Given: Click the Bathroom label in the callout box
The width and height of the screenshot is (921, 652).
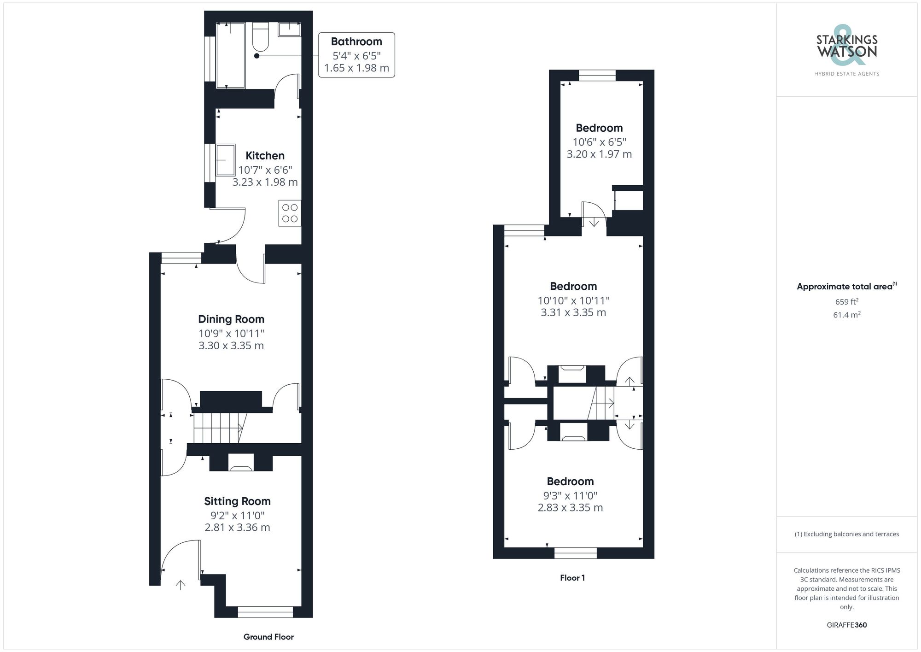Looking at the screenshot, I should [x=356, y=41].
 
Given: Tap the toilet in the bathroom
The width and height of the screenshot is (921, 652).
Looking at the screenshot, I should [x=260, y=37].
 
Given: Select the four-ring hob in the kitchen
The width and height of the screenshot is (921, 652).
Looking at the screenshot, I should [x=290, y=213].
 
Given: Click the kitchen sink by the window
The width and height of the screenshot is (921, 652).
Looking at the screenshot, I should [x=226, y=160].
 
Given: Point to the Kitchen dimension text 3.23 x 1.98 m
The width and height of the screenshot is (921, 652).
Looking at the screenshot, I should [x=265, y=182].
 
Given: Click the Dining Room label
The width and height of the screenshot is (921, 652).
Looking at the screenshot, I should [x=231, y=319].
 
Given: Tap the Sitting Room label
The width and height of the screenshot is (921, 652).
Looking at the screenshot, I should [x=237, y=501].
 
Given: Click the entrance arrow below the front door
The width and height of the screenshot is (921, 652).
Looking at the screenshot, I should [x=181, y=585].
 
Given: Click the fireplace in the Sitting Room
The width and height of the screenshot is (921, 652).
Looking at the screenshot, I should [x=241, y=463].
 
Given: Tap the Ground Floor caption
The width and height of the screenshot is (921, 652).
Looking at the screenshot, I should [x=268, y=637].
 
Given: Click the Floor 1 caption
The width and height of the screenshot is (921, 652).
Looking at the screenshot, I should [x=572, y=578].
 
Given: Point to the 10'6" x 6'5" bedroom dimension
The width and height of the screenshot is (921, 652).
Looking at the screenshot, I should [x=599, y=142].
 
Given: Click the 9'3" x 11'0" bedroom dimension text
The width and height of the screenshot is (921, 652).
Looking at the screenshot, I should [x=570, y=496].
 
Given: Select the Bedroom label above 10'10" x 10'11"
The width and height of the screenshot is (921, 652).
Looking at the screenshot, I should [x=573, y=286].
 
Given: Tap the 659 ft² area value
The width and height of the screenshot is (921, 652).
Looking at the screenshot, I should [x=846, y=302].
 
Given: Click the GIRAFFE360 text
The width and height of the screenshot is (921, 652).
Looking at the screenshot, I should [x=846, y=625].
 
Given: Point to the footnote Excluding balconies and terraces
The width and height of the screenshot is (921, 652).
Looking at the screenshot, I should [x=846, y=534].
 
